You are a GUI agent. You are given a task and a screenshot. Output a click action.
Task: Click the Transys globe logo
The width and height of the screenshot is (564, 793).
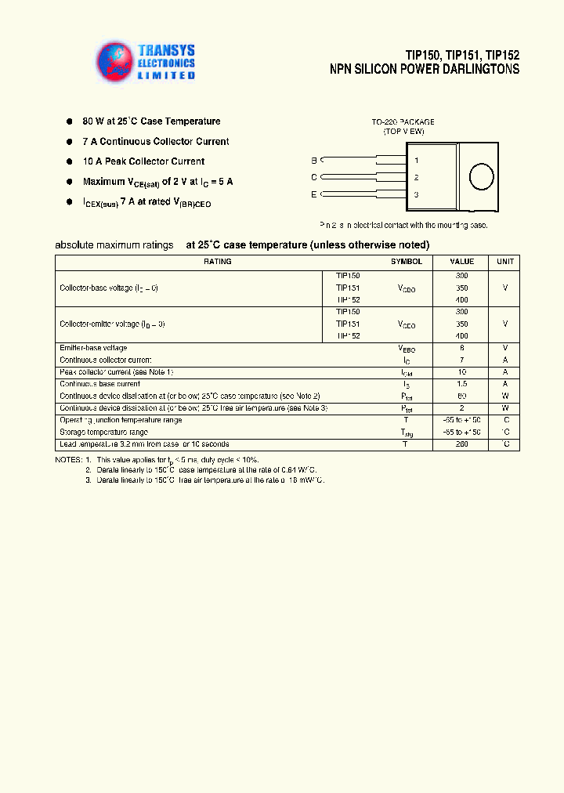click(x=115, y=61)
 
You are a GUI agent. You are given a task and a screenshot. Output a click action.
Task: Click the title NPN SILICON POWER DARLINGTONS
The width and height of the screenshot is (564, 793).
click(x=424, y=70)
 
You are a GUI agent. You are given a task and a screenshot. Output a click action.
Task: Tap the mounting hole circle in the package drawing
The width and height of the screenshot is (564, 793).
click(x=480, y=176)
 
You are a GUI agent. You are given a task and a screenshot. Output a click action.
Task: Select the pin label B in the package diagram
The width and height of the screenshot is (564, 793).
click(x=314, y=160)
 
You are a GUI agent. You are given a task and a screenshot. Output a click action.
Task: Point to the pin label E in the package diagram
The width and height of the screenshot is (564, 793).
click(x=314, y=194)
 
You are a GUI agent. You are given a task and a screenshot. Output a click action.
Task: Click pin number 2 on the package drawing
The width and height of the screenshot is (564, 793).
click(x=416, y=177)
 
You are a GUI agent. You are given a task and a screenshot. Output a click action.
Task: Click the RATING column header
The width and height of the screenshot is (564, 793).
click(x=217, y=262)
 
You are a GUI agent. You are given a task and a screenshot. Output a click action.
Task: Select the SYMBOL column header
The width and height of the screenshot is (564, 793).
click(x=406, y=262)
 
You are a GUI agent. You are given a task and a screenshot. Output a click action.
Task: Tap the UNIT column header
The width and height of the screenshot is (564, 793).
click(x=505, y=262)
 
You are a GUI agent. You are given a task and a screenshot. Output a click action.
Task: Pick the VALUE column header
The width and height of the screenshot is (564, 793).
click(x=461, y=262)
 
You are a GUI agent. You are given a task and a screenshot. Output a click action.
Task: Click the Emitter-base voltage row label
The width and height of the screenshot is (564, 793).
click(x=93, y=348)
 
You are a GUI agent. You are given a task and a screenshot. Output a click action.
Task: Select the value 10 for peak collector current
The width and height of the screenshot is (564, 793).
click(x=461, y=372)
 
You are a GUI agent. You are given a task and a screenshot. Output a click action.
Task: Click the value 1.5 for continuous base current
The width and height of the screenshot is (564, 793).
click(x=461, y=384)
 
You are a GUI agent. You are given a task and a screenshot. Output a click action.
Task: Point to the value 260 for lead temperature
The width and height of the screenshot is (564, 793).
click(x=461, y=444)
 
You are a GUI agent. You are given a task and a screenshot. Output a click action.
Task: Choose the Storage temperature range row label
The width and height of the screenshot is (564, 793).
click(x=103, y=433)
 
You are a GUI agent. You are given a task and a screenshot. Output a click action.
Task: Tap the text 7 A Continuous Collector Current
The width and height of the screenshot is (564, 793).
click(x=156, y=142)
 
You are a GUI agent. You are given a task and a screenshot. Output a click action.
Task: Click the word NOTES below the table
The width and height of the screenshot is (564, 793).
click(x=67, y=459)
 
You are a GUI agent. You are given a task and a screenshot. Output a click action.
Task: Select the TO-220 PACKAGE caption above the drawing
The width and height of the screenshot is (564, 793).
click(x=403, y=122)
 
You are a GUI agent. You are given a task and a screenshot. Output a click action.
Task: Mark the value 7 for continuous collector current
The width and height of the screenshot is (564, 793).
click(x=461, y=360)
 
